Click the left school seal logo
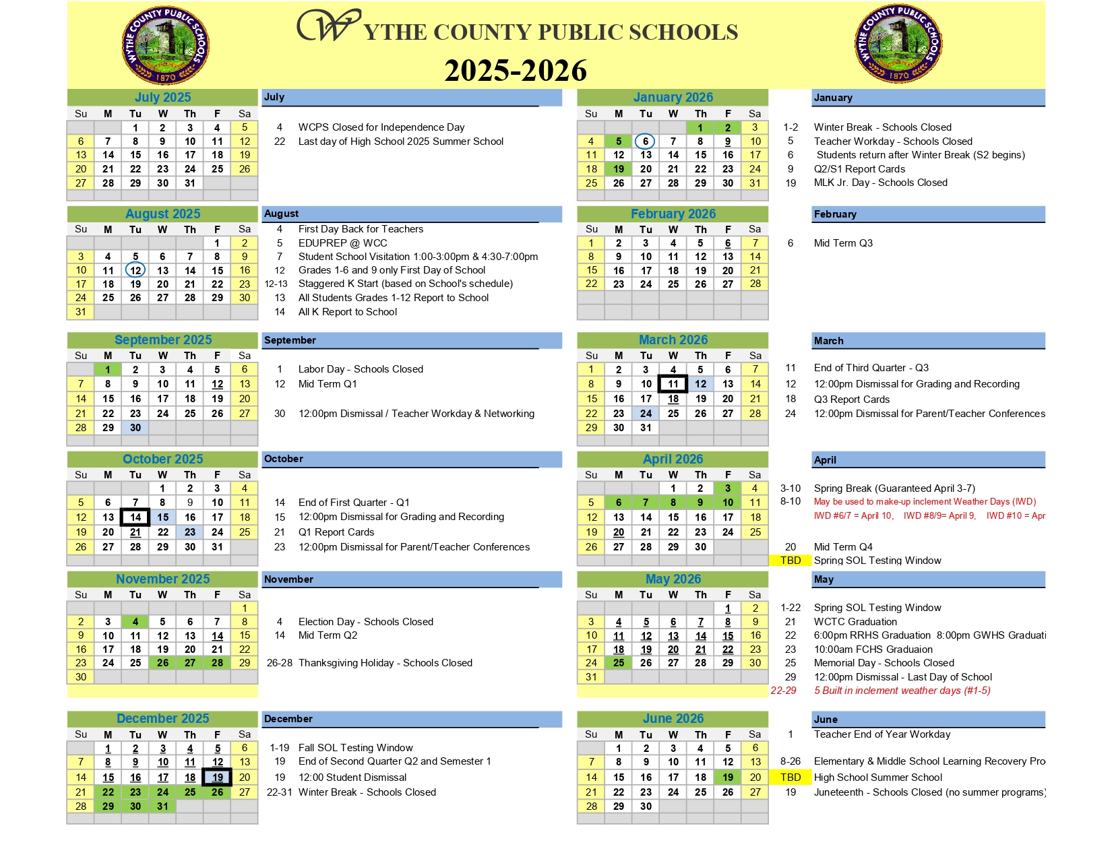(165, 46)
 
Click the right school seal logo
(898, 44)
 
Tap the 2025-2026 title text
(516, 71)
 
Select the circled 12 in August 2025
(135, 270)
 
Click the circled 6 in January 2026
(645, 141)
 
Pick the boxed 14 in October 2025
(135, 517)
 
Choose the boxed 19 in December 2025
(217, 777)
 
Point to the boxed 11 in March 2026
(673, 384)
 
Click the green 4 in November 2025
(135, 622)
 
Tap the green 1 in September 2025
(108, 369)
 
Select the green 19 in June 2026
(728, 777)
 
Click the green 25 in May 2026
(618, 663)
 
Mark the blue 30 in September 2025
(135, 428)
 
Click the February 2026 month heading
(673, 214)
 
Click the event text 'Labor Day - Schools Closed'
(361, 369)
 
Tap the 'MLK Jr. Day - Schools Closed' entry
(880, 183)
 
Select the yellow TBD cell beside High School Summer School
(790, 777)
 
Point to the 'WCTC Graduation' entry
(855, 622)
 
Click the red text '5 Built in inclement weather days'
(902, 691)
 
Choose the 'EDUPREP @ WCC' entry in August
(342, 243)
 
